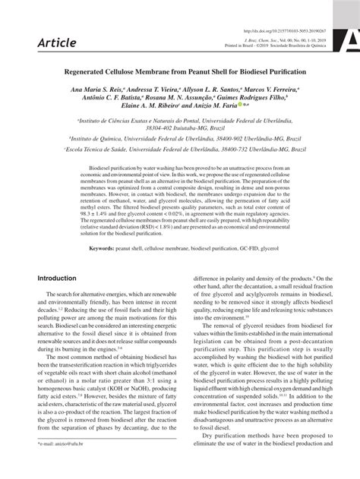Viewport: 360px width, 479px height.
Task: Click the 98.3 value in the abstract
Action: click(95, 195)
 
